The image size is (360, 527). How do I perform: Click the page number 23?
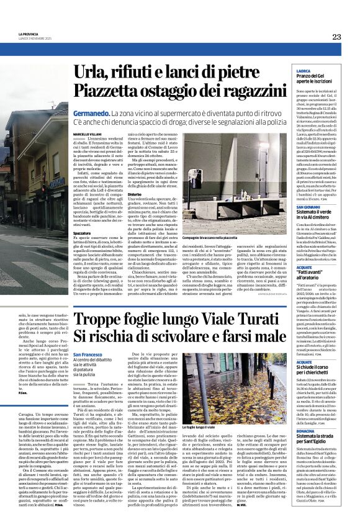click(336, 37)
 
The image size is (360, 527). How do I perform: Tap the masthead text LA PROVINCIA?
click(28, 34)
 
